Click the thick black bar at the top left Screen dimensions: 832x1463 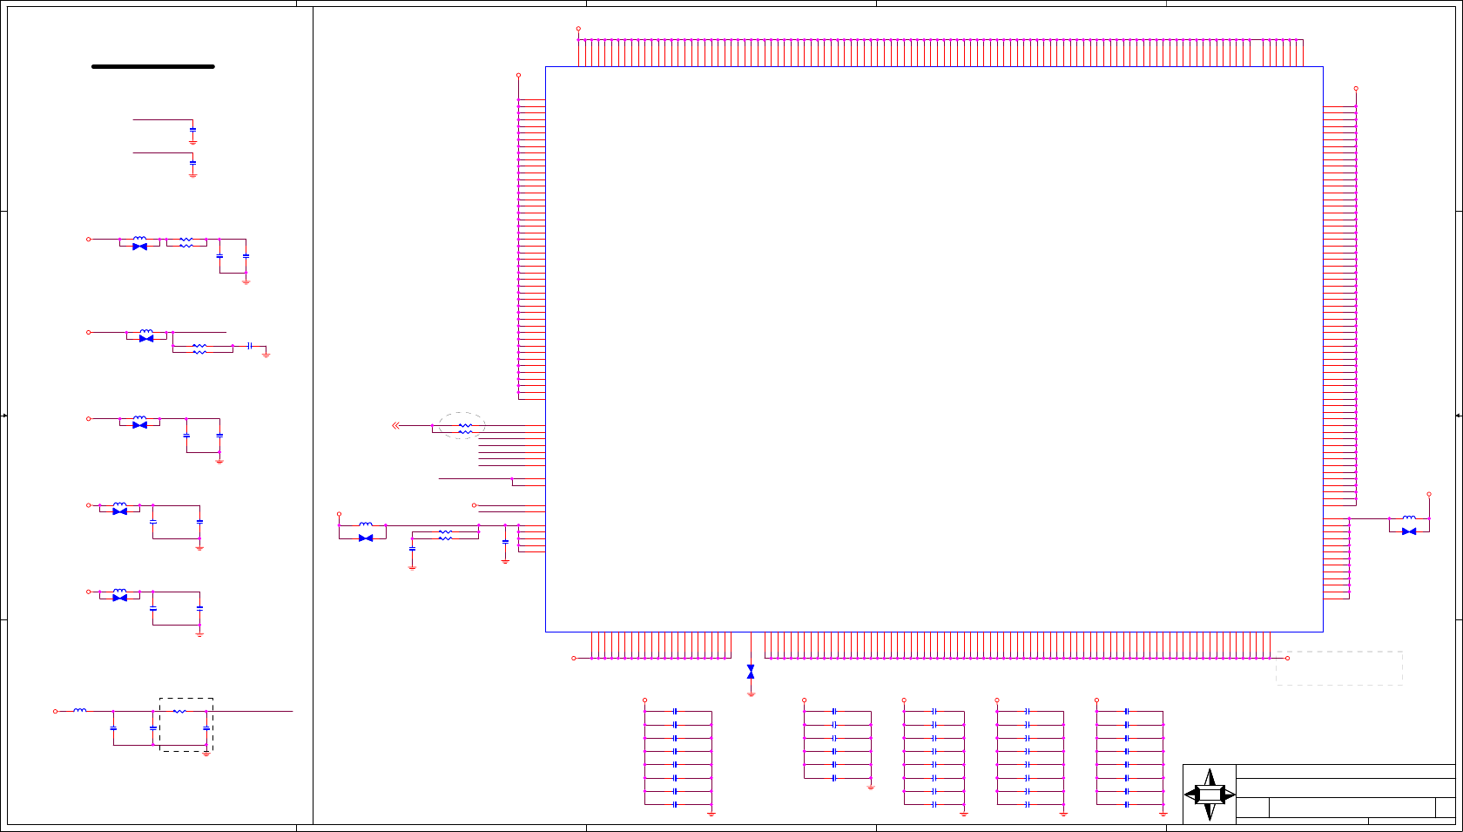click(153, 66)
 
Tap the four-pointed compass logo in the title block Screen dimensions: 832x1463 click(1210, 795)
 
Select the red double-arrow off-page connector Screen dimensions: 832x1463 click(396, 425)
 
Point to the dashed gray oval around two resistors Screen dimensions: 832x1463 click(462, 425)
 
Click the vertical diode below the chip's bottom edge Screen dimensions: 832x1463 click(751, 672)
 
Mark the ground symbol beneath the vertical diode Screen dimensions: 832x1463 click(751, 694)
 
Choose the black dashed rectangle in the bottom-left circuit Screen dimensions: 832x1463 click(186, 724)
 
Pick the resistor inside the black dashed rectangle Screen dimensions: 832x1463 click(179, 712)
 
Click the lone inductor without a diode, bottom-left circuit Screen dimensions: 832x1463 click(80, 710)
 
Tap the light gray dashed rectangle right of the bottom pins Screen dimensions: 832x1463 click(1339, 668)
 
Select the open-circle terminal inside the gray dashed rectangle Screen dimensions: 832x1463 click(1288, 658)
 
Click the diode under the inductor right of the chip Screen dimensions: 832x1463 click(1409, 531)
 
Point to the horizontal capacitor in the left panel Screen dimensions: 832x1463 click(250, 346)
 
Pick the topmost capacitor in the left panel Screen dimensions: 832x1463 click(192, 130)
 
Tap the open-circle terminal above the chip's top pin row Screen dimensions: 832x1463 click(578, 29)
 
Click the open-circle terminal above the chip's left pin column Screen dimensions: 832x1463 click(518, 75)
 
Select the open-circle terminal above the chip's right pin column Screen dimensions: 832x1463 click(1356, 88)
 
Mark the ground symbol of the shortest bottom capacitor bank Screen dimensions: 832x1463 click(871, 787)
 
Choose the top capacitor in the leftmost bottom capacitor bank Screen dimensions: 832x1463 click(675, 712)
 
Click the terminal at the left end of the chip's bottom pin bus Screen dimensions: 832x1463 click(574, 658)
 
